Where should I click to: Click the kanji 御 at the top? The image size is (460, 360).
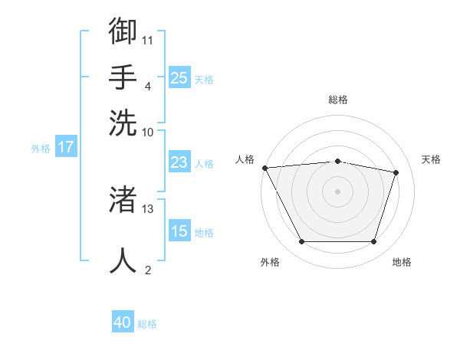pyautogui.click(x=123, y=31)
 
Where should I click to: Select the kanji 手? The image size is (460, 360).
pyautogui.click(x=123, y=77)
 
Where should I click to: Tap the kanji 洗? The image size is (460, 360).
pyautogui.click(x=123, y=123)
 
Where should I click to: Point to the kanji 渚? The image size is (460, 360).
pyautogui.click(x=123, y=199)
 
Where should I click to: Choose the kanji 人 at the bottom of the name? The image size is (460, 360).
pyautogui.click(x=123, y=260)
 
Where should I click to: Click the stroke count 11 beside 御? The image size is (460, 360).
pyautogui.click(x=147, y=41)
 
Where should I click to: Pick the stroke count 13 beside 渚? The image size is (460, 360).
pyautogui.click(x=147, y=209)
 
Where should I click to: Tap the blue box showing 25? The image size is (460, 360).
pyautogui.click(x=179, y=77)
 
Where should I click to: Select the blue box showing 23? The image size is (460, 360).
pyautogui.click(x=179, y=162)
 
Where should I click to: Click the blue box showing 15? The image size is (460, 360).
pyautogui.click(x=179, y=230)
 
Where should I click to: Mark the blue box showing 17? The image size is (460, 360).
pyautogui.click(x=66, y=146)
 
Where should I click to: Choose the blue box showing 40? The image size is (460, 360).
pyautogui.click(x=123, y=321)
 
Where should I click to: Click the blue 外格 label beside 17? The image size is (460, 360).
pyautogui.click(x=41, y=149)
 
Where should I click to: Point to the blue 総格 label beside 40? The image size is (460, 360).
pyautogui.click(x=147, y=324)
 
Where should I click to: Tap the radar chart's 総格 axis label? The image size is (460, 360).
pyautogui.click(x=338, y=100)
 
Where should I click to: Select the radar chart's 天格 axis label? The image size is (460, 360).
pyautogui.click(x=431, y=159)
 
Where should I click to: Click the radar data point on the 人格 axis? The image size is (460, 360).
pyautogui.click(x=265, y=168)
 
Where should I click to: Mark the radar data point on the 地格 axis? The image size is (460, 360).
pyautogui.click(x=374, y=241)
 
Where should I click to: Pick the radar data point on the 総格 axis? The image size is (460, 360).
pyautogui.click(x=337, y=162)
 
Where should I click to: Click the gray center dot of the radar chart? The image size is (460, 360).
pyautogui.click(x=337, y=191)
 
